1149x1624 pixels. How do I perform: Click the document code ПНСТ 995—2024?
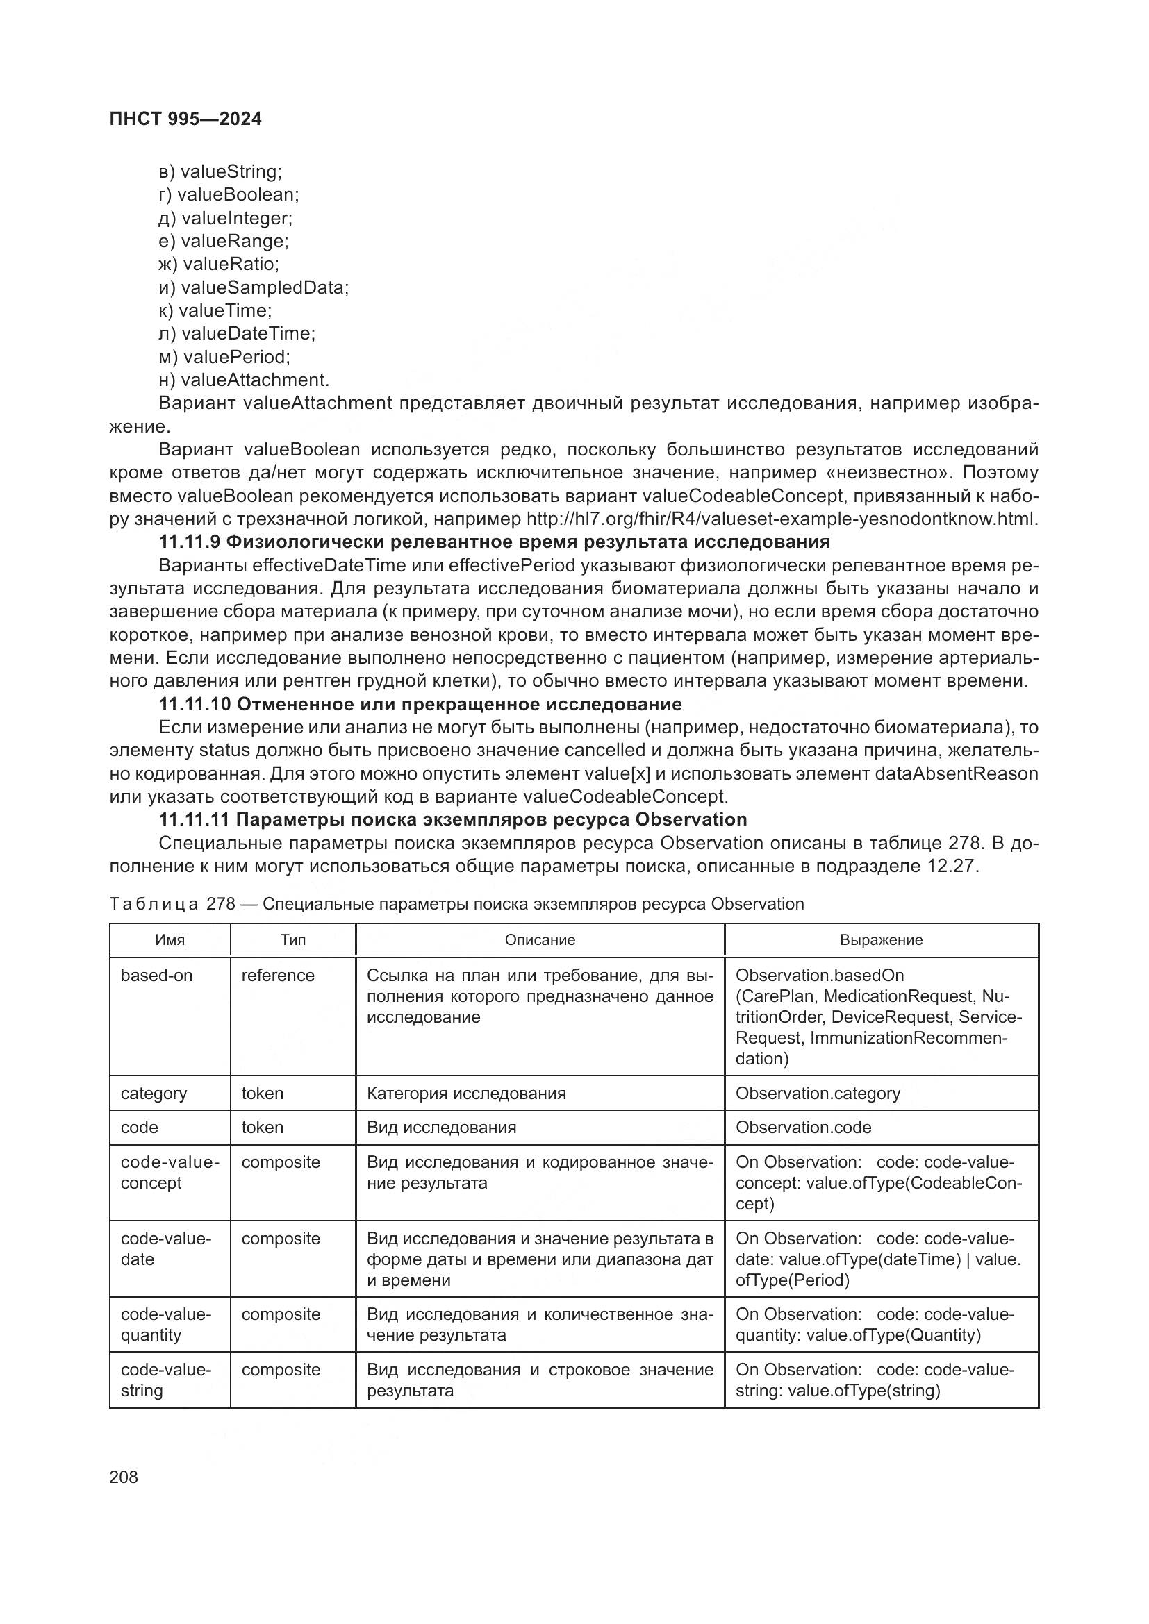point(185,119)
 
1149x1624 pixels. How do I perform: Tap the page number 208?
point(124,1476)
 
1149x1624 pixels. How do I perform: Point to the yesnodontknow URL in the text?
point(782,519)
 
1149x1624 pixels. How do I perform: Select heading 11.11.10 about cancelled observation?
point(420,704)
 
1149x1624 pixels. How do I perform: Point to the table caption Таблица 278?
point(456,904)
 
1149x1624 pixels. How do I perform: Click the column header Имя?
point(170,940)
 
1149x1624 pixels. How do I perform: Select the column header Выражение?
point(881,940)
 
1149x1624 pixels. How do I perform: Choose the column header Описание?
point(540,940)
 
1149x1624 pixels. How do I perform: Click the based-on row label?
point(156,976)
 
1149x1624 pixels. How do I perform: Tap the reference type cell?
point(277,976)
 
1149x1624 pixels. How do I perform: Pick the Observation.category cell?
point(817,1094)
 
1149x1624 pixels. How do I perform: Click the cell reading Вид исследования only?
point(441,1128)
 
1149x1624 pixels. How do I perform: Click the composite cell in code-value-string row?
point(280,1370)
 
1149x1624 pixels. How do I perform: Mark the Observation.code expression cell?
point(803,1128)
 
